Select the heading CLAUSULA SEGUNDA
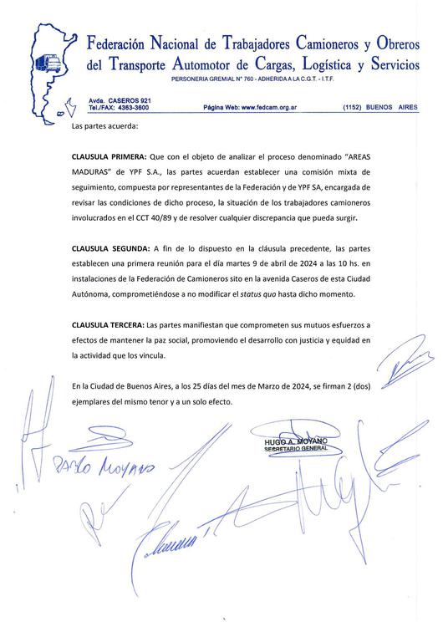pyautogui.click(x=110, y=249)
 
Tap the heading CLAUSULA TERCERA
pyautogui.click(x=108, y=324)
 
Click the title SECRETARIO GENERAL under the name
pyautogui.click(x=281, y=450)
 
